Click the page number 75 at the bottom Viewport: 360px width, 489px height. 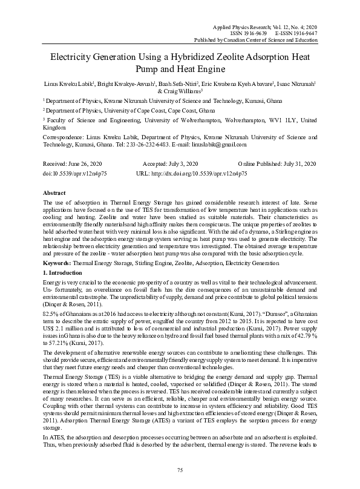coord(180,470)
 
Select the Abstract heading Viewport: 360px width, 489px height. coord(56,191)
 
